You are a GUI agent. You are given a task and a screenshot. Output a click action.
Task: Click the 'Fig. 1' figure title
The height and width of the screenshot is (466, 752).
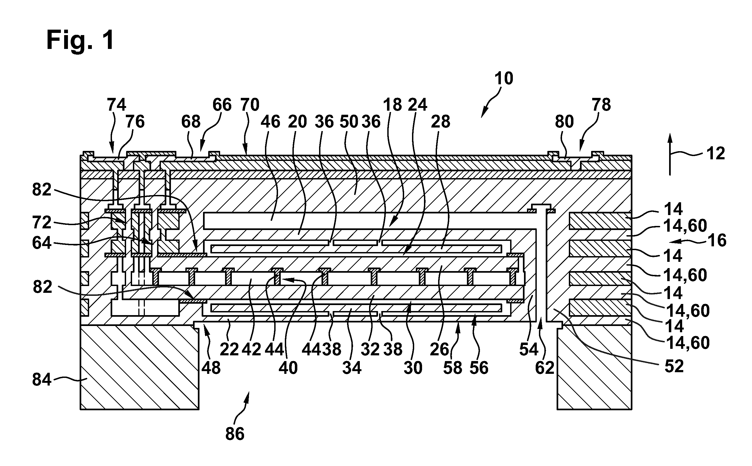coord(80,41)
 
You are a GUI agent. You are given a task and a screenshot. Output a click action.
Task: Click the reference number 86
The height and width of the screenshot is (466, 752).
coord(235,434)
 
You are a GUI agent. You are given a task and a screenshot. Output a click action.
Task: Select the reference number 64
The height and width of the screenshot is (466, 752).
coord(42,243)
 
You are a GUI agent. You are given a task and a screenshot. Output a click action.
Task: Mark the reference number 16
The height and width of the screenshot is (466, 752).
coord(717,240)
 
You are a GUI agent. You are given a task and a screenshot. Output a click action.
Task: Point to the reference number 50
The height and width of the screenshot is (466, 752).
coord(349,122)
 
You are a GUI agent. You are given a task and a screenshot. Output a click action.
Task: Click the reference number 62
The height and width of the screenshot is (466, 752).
coord(545,368)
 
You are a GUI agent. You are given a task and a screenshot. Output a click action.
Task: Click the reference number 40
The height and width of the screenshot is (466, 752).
coord(288,368)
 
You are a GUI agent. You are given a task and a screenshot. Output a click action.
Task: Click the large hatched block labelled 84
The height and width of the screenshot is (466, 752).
coord(139,367)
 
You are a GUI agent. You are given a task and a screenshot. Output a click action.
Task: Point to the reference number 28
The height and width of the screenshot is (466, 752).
coord(441,122)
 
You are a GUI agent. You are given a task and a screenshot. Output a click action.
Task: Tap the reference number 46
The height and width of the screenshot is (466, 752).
coord(270,122)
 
